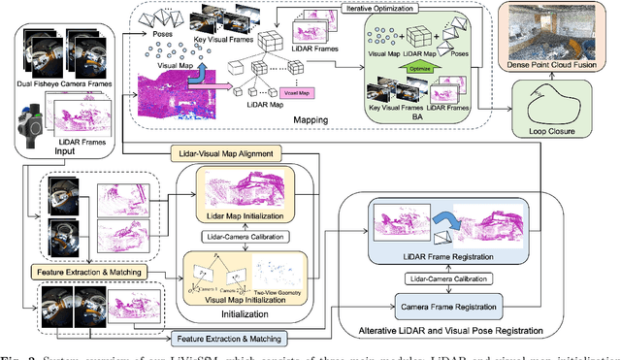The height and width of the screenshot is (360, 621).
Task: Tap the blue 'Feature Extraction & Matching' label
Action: (228, 339)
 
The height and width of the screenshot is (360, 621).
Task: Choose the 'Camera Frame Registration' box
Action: (446, 308)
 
